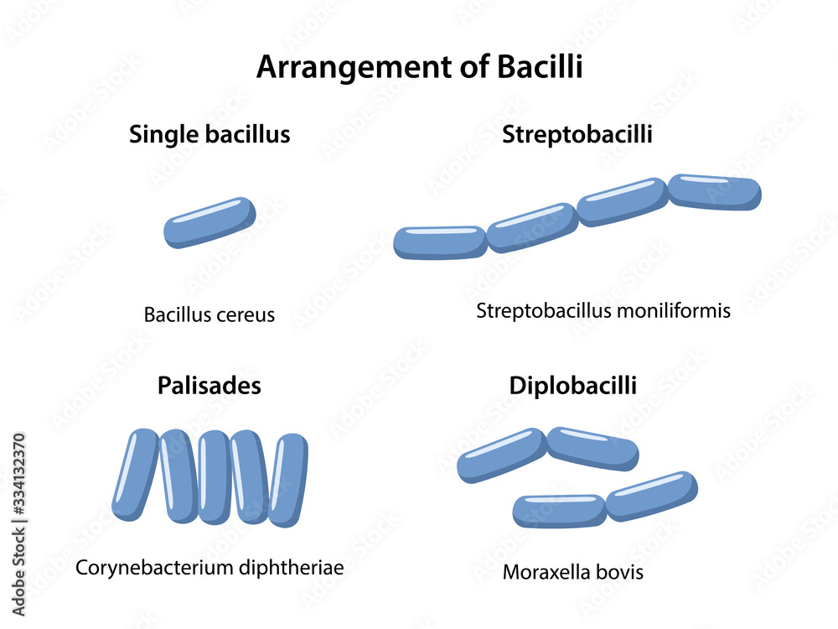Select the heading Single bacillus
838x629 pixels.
pyautogui.click(x=209, y=134)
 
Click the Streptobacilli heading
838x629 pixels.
pyautogui.click(x=577, y=134)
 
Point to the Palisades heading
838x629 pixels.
pyautogui.click(x=209, y=386)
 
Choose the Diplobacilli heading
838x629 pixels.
pyautogui.click(x=573, y=386)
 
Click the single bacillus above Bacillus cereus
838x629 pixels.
pyautogui.click(x=209, y=222)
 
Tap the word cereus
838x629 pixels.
pyautogui.click(x=246, y=315)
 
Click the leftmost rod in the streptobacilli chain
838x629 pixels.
pyautogui.click(x=440, y=242)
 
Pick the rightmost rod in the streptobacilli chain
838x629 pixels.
pyautogui.click(x=715, y=192)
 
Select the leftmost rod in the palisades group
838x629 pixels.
pyautogui.click(x=135, y=474)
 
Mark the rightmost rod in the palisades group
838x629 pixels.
pyautogui.click(x=288, y=480)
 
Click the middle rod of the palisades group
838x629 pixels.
pyautogui.click(x=214, y=476)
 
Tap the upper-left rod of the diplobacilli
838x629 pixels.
pyautogui.click(x=501, y=455)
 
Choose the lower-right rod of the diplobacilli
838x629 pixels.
pyautogui.click(x=652, y=496)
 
